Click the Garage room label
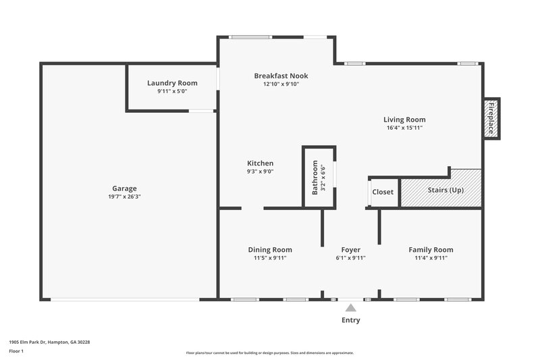(124, 188)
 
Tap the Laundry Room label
(172, 83)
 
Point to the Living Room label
(404, 120)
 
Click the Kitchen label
(260, 163)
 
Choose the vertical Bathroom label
(315, 177)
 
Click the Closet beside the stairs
(383, 192)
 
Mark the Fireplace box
(491, 119)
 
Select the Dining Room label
(269, 249)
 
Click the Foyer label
(350, 249)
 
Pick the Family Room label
(430, 249)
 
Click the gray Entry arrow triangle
(350, 308)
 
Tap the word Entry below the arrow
(350, 320)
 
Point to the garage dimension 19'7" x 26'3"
(124, 197)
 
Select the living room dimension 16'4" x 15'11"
(404, 128)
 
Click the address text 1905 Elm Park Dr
(49, 342)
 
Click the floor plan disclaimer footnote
(269, 353)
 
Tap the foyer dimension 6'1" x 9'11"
(350, 257)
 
